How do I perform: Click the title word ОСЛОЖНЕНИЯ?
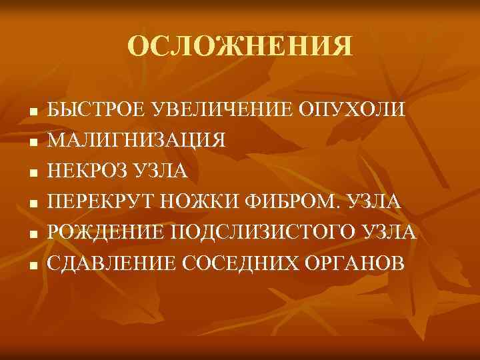point(239,47)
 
